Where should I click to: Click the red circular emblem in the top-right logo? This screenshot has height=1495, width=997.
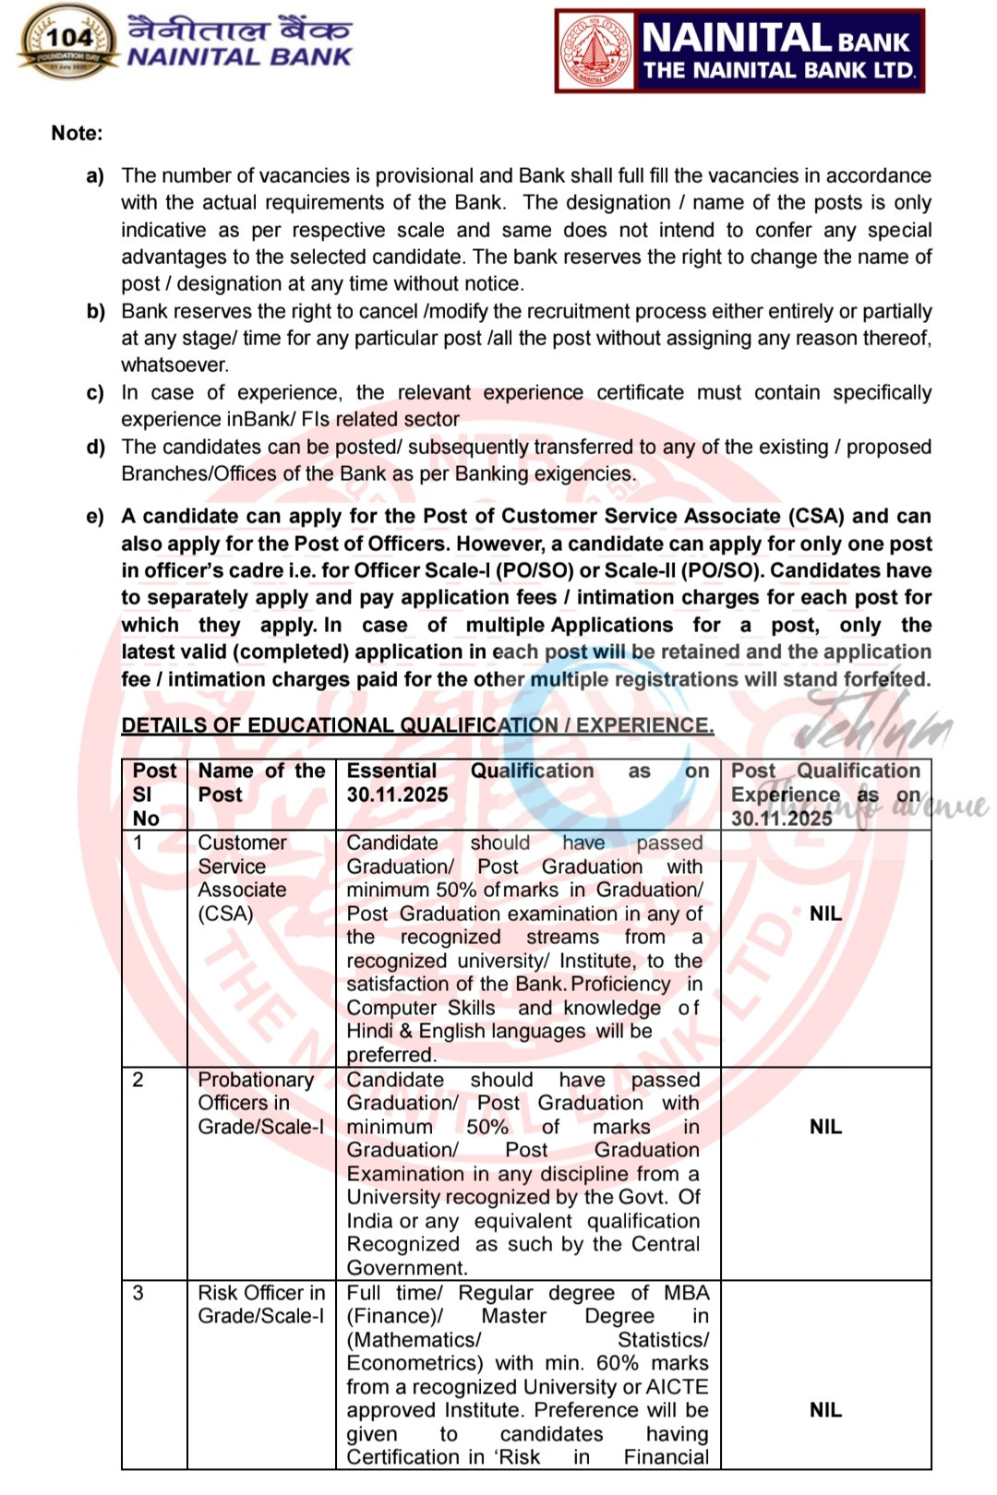595,51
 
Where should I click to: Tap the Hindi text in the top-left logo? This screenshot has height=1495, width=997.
239,28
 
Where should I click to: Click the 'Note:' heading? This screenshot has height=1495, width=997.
77,133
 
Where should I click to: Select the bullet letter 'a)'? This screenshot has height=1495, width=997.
95,175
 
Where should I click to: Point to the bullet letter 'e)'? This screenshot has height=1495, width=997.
95,516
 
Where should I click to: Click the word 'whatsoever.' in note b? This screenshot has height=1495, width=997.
174,365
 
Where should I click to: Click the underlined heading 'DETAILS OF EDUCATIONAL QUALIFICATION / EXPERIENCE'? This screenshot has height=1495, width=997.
417,725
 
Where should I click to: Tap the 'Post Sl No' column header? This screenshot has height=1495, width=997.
153,794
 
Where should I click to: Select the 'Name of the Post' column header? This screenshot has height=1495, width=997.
261,783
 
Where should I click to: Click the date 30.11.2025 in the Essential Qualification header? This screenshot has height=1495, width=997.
397,795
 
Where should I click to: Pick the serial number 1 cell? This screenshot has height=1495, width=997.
138,842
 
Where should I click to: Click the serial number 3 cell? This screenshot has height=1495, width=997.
138,1292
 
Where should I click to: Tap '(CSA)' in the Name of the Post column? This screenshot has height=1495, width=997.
225,914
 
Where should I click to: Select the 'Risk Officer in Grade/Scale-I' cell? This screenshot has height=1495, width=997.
261,1304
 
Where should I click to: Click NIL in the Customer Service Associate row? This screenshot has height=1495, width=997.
825,914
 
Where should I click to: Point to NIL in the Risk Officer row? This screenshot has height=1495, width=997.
825,1409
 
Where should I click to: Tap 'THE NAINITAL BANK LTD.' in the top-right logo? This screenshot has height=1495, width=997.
779,70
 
